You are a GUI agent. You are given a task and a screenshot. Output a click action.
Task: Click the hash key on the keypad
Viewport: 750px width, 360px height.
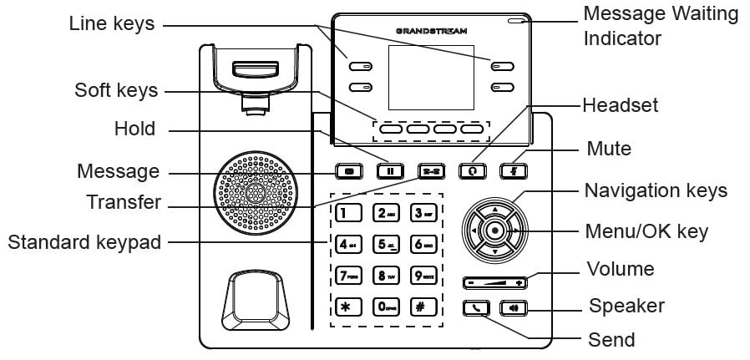pyautogui.click(x=423, y=305)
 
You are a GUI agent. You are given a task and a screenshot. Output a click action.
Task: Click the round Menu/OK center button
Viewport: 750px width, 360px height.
pyautogui.click(x=495, y=229)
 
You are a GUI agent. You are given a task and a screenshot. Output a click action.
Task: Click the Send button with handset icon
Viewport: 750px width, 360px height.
pyautogui.click(x=476, y=307)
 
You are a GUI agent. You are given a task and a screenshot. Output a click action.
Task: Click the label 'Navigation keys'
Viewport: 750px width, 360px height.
pyautogui.click(x=656, y=190)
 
